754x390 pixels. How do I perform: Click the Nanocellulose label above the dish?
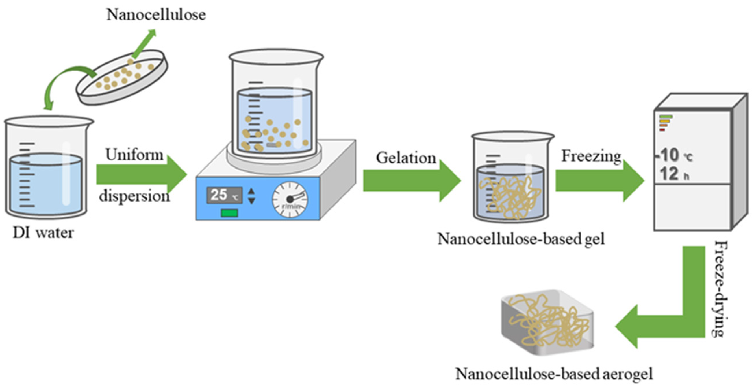point(156,15)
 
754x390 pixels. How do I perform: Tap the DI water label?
point(43,233)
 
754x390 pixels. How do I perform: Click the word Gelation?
point(406,158)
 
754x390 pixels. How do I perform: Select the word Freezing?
point(591,156)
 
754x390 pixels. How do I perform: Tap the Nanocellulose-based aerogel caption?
point(554,374)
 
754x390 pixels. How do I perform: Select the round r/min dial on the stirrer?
point(290,200)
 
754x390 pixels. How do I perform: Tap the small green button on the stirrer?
point(229,213)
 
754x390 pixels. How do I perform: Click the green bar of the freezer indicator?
point(666,117)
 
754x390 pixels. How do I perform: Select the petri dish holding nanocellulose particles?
point(122,77)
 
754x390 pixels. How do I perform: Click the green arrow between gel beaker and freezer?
point(599,181)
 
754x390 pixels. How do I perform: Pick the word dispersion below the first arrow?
point(134,196)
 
